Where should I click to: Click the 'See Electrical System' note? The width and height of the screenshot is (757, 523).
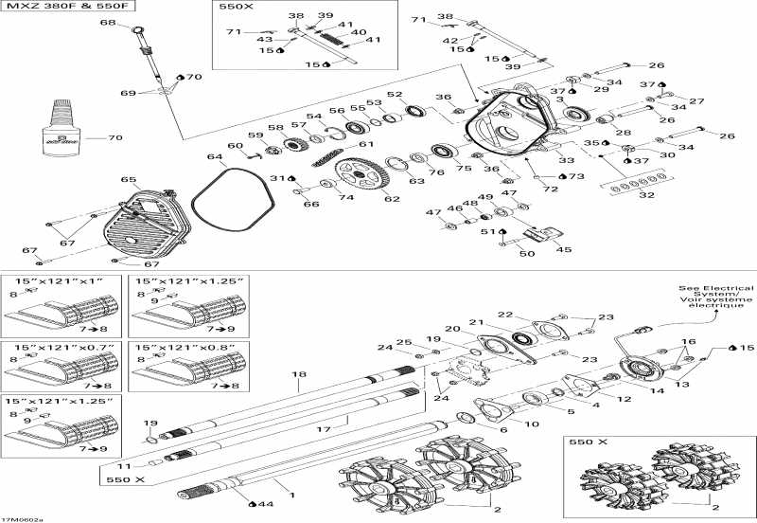(715, 297)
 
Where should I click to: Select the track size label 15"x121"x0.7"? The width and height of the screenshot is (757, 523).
(59, 348)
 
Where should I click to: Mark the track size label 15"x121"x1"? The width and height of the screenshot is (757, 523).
(59, 281)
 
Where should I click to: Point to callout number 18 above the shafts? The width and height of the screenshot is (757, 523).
(300, 375)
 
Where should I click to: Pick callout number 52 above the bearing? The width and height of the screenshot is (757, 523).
(395, 95)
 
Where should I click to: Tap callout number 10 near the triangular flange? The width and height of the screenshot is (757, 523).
(532, 423)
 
